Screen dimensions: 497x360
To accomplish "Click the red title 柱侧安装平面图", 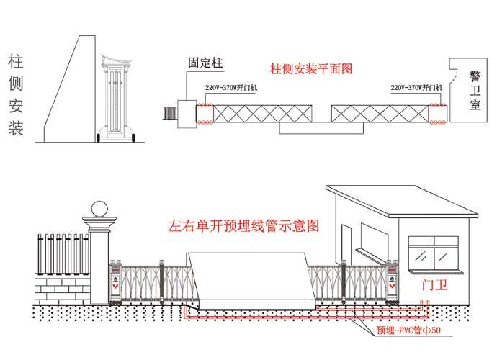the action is [311, 69].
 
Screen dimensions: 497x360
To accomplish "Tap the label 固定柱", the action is [205, 63].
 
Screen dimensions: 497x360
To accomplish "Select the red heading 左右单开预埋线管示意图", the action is [243, 226].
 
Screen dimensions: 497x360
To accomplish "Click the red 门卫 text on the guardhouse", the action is [435, 285].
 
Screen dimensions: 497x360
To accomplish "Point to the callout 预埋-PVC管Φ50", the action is [408, 330].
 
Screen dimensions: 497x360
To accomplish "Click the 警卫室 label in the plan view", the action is [475, 90].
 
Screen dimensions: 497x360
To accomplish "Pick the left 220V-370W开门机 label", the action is [231, 88].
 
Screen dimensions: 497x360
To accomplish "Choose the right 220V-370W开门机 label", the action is [416, 87].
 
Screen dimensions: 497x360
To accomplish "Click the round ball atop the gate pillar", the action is [99, 209].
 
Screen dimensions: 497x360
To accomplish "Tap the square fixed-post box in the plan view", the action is [187, 114].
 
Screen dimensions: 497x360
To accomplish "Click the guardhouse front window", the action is [434, 253].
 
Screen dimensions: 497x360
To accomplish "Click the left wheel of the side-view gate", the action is [99, 138].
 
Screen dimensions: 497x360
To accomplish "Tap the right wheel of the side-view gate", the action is [133, 138].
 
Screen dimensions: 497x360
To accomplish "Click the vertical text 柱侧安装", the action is [16, 95].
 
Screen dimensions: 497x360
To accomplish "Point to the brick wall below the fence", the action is [63, 289].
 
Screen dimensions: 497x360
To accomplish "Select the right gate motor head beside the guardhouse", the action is [392, 282].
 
